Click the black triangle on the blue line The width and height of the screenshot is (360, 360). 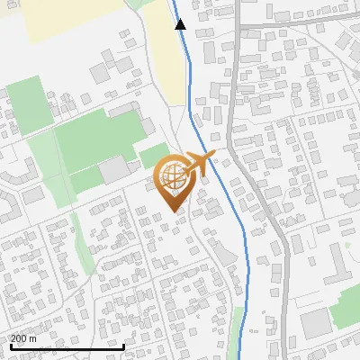180,24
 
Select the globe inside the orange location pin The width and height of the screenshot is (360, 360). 172,176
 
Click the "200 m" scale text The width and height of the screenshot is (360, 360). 23,338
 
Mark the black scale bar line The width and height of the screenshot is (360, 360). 67,346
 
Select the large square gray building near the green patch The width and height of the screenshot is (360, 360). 316,323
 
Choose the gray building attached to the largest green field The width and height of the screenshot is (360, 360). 114,169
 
